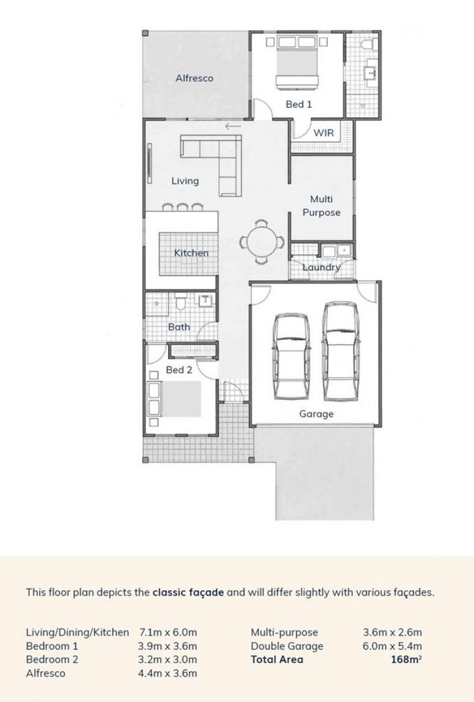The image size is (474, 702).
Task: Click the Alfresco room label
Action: tap(194, 79)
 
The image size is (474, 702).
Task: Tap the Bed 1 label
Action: tap(299, 104)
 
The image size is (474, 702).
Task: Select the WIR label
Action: tap(324, 133)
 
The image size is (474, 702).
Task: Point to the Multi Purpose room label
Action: tap(321, 205)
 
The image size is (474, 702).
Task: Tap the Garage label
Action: tap(316, 413)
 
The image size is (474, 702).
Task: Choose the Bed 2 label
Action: tap(178, 370)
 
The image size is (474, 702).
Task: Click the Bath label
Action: tap(179, 326)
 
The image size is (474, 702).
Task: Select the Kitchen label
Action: tap(191, 252)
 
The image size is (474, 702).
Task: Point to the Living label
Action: tap(185, 181)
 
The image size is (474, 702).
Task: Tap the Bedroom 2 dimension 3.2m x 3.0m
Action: tap(168, 659)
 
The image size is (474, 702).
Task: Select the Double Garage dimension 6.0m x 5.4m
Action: tap(392, 645)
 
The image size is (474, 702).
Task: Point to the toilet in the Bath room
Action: tap(180, 302)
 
